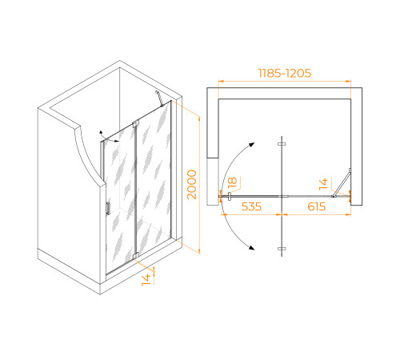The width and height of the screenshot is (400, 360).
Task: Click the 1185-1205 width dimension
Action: (x=285, y=73)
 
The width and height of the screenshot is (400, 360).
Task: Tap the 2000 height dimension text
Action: (x=192, y=185)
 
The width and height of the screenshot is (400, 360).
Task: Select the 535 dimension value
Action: (x=251, y=206)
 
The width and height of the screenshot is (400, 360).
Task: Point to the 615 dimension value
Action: (x=317, y=206)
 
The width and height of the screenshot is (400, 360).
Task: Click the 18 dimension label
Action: (x=232, y=182)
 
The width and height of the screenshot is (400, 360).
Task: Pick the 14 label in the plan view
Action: (x=323, y=184)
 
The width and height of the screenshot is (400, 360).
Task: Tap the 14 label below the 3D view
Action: (x=146, y=280)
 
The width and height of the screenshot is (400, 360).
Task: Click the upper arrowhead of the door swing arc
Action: (x=251, y=145)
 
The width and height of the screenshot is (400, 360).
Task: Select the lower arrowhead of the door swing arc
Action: (x=251, y=248)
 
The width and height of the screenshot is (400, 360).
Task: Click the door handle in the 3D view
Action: (x=108, y=208)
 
